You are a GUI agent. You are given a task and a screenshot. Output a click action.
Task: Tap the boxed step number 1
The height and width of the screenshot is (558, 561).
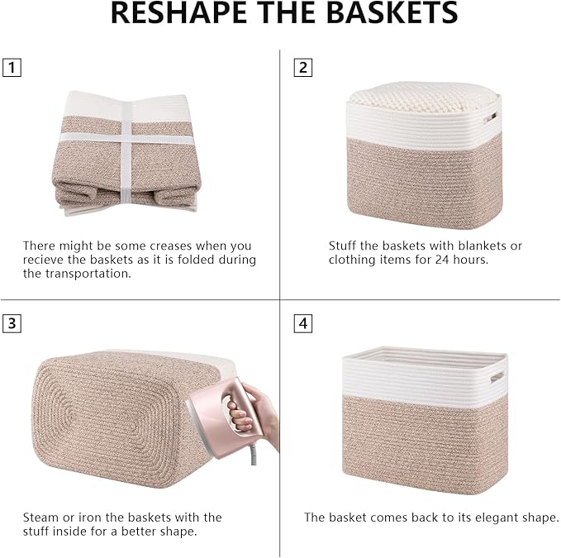pos(12,68)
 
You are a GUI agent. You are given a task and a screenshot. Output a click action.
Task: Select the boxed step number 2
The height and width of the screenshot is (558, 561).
pos(303,68)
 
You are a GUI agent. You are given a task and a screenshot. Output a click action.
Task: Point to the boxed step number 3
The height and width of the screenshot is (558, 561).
pos(12,323)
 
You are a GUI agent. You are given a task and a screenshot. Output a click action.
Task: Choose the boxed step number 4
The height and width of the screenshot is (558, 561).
pos(303,323)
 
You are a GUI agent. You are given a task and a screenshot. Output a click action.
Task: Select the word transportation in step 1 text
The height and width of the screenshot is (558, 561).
pos(92,274)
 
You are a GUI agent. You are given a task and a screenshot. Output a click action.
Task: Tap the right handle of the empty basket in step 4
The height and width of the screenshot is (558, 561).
pos(496,378)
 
